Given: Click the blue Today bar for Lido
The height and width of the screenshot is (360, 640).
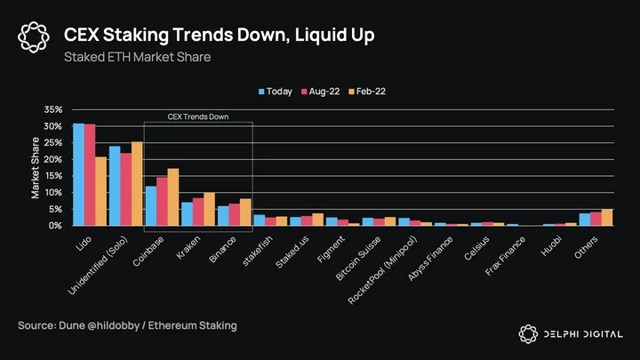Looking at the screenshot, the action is [x=79, y=174].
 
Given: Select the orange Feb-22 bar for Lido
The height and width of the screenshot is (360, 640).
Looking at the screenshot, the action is [x=101, y=191].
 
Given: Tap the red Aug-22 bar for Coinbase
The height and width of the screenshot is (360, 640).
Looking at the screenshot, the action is [x=162, y=201].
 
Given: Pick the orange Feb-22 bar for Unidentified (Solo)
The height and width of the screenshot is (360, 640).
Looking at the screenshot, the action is [x=137, y=184].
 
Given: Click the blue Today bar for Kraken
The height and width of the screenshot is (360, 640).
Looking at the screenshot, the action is [x=188, y=214].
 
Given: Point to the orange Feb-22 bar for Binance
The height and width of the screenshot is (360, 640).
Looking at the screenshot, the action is [x=245, y=212].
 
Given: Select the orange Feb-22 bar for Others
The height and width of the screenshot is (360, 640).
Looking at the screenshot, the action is [x=607, y=218].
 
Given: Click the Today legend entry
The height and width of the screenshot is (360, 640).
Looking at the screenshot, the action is [x=276, y=92].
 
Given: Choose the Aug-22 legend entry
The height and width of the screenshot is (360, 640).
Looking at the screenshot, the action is [x=320, y=92].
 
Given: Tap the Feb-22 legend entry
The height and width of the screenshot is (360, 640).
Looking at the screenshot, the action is [x=367, y=92].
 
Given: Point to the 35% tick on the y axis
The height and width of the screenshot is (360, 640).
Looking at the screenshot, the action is [x=53, y=109].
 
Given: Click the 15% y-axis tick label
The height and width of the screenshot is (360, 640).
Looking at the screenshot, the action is [x=53, y=176].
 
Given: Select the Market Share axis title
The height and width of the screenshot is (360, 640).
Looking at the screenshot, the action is [x=36, y=168].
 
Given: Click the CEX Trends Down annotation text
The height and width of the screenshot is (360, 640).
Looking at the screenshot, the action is [x=198, y=116].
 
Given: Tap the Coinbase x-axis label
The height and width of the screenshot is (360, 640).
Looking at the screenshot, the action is [x=148, y=252].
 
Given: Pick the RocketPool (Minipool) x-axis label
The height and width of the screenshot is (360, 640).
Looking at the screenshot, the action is [x=382, y=270].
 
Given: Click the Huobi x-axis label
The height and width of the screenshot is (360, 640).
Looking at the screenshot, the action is [x=551, y=246].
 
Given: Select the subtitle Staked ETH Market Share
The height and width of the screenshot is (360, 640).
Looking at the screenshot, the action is [x=137, y=57].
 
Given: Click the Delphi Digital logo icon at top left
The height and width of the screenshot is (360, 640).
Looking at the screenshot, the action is [x=34, y=37].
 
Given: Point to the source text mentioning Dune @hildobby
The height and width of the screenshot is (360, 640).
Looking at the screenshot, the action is [x=127, y=325].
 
